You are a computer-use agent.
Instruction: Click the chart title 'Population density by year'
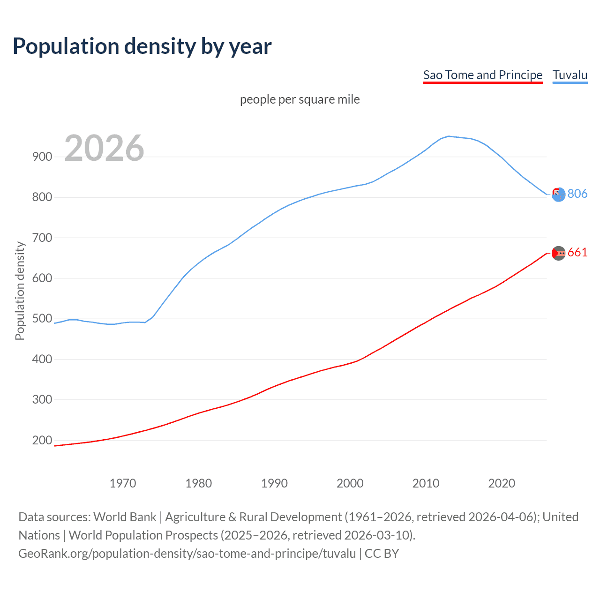click(142, 46)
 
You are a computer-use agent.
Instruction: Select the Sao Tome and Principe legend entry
click(482, 75)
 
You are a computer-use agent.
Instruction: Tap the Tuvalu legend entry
click(570, 75)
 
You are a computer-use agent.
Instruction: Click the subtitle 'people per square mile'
click(300, 99)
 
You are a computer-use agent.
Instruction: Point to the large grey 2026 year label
click(104, 149)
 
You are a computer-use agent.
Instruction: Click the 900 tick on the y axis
click(42, 157)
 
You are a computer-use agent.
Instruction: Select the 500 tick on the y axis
click(42, 319)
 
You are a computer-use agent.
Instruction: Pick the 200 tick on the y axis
click(42, 440)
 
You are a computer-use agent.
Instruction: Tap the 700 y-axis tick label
click(42, 238)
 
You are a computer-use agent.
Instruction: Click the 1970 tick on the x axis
click(123, 483)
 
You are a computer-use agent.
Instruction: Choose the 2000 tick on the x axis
click(350, 483)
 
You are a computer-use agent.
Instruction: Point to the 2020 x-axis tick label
click(502, 483)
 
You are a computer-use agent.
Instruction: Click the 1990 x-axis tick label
click(274, 483)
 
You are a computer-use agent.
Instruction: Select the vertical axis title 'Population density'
click(20, 291)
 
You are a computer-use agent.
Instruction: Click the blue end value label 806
click(577, 194)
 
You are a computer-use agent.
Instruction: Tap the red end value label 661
click(577, 253)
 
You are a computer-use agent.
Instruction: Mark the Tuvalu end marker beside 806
click(558, 194)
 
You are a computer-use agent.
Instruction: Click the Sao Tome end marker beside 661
click(558, 253)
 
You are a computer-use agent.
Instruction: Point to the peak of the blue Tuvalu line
click(449, 136)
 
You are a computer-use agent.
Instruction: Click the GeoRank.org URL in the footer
click(187, 554)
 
